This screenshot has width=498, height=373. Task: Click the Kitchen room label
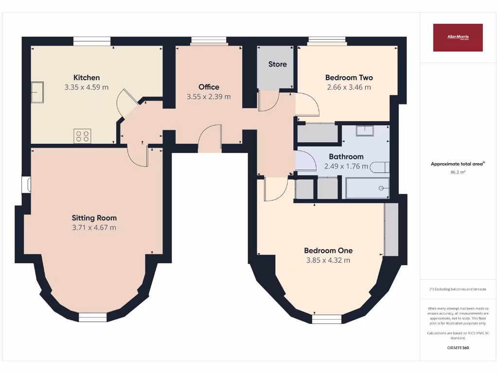coord(87,78)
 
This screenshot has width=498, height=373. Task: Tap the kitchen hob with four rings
coord(82,136)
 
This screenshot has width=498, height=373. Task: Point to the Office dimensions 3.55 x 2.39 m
coord(209,97)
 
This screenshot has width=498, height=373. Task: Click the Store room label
coord(278,64)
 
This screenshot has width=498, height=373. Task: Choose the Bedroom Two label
coord(349,78)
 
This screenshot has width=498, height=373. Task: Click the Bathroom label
coord(346,157)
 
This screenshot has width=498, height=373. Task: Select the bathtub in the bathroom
coord(367,188)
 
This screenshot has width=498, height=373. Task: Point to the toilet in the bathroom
coord(379,168)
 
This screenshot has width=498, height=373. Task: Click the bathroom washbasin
coord(364,130)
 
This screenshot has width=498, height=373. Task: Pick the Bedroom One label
coord(328,251)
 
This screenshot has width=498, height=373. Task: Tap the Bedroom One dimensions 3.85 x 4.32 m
coord(328,260)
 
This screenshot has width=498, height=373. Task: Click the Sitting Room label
coord(94,218)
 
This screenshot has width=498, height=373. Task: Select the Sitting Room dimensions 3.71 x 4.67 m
coord(94,227)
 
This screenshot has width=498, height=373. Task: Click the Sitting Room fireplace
coord(27,185)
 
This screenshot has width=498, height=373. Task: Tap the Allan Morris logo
coord(458,37)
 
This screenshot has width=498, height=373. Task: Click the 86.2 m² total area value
coord(458,172)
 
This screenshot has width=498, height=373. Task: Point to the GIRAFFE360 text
coord(458,348)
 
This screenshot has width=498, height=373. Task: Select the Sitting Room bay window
coord(92,317)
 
